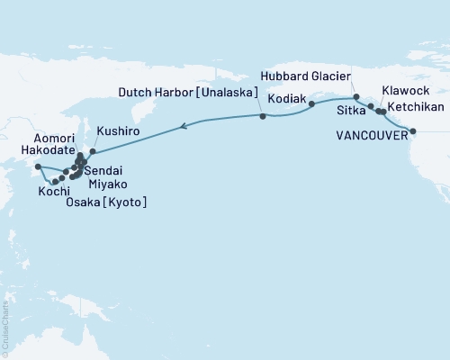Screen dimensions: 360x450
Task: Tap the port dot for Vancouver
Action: [x=413, y=131]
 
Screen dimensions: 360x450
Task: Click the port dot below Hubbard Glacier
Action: [x=355, y=97]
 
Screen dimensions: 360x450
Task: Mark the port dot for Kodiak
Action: [x=312, y=104]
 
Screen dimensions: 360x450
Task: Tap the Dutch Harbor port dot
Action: [x=262, y=117]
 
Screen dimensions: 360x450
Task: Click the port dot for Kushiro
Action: [x=92, y=151]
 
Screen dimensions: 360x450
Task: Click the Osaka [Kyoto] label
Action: [x=106, y=203]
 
